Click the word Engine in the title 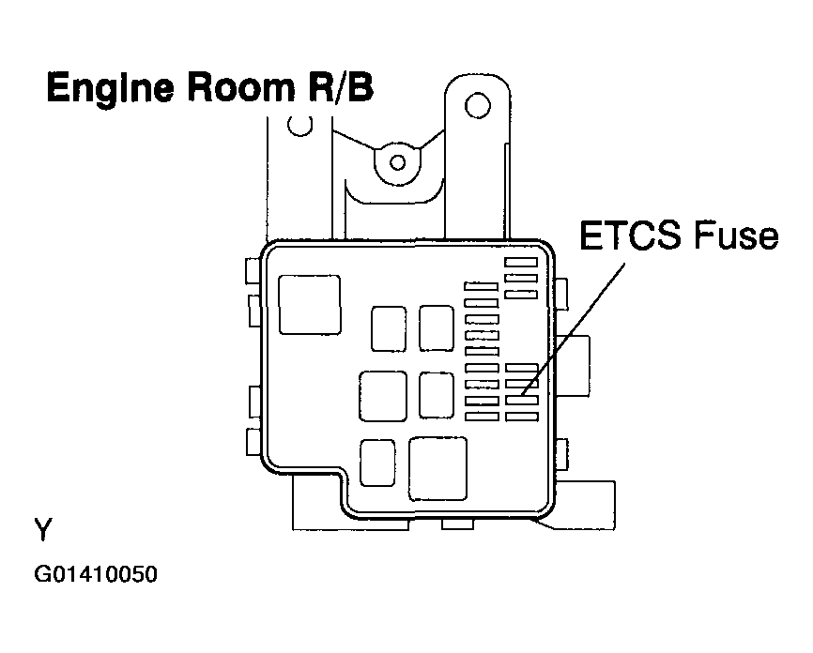click(110, 88)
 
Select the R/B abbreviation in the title click(340, 86)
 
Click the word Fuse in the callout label click(736, 235)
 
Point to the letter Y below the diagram click(43, 530)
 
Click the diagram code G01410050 click(96, 574)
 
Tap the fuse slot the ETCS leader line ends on click(522, 400)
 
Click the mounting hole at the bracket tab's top click(478, 106)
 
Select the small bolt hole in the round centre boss click(398, 162)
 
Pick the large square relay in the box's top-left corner click(310, 305)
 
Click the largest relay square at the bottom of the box click(438, 469)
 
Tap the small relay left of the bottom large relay click(377, 463)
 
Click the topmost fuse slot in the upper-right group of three click(521, 262)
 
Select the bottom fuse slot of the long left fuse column click(483, 417)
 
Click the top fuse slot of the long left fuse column click(482, 286)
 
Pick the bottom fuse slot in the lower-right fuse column click(522, 417)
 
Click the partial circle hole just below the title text click(299, 126)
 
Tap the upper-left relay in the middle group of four click(389, 328)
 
